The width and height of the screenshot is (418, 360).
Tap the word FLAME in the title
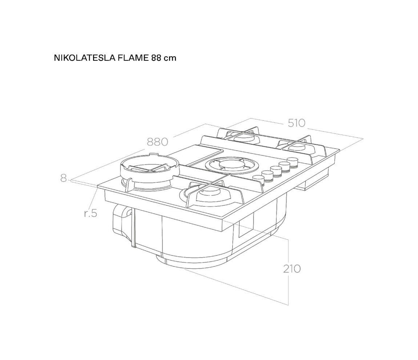point(132,58)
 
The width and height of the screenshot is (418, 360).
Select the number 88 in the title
point(156,58)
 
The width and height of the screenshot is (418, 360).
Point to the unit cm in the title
point(170,59)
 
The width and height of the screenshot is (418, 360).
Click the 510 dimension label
point(296,123)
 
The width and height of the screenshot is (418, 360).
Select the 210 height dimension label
point(291,269)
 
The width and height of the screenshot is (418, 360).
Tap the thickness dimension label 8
point(63,178)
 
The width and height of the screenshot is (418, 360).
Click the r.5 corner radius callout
point(90,213)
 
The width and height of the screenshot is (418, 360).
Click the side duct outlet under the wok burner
point(122,218)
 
